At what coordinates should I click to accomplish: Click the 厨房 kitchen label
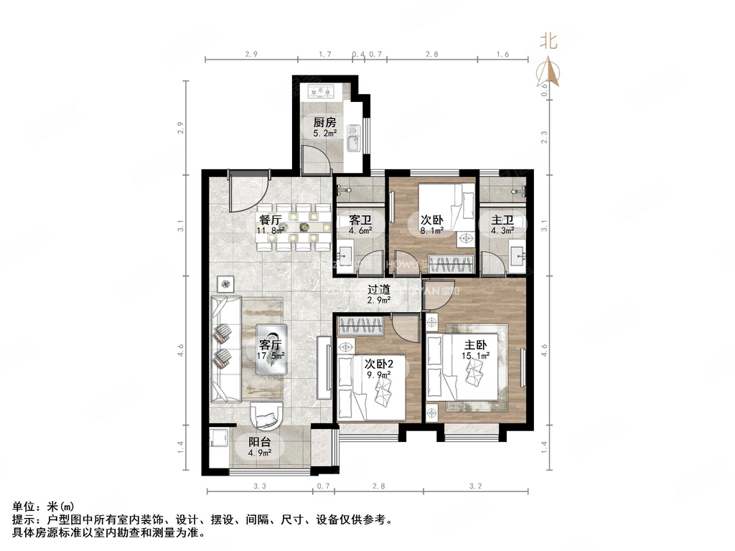[324, 122]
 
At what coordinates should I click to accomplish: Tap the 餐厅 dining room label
[271, 220]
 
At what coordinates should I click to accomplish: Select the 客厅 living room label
[271, 343]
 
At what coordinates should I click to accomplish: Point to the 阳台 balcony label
[259, 442]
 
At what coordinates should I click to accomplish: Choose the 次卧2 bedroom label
[378, 362]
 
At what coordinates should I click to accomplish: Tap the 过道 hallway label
[378, 290]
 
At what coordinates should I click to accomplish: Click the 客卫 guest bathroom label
[359, 220]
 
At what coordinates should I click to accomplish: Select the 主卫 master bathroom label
[502, 220]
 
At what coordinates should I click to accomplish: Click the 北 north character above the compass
[549, 42]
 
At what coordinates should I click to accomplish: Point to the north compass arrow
[549, 72]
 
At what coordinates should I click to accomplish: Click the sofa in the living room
[225, 348]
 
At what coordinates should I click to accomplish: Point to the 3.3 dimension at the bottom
[260, 486]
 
